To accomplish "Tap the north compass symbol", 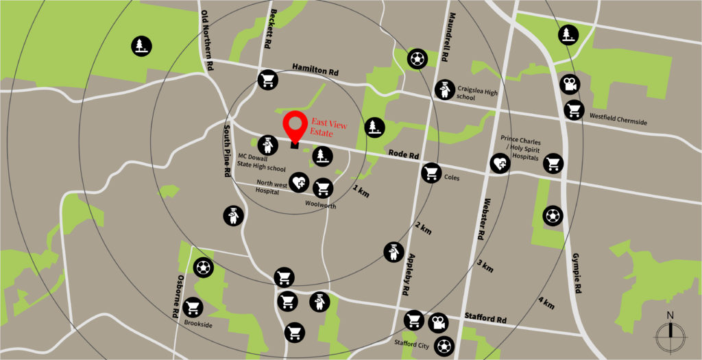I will pos(670,334).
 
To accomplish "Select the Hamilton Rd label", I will pos(315,70).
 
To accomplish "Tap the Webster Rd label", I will pos(481,217).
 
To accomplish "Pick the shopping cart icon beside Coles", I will pos(431,172).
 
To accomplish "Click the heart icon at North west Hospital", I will pos(298,182).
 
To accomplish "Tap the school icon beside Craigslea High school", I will pos(444,89).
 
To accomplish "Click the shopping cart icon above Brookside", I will pos(193,307).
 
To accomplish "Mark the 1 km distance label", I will pos(361,191).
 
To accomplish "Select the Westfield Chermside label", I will pos(618,121).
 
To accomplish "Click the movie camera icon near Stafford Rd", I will pos(437,322).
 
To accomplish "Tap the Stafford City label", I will pos(411,344).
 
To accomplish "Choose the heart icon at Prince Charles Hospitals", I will pos(500,163).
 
